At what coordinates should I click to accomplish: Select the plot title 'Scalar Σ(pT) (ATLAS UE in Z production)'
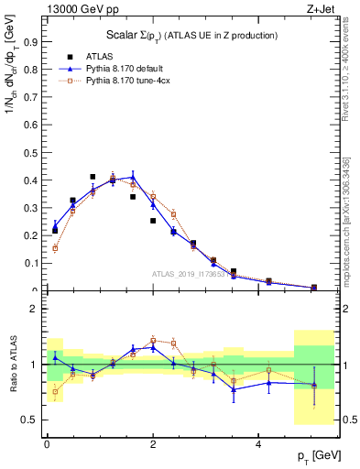tap(190, 35)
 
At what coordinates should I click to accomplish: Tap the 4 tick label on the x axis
tap(259, 443)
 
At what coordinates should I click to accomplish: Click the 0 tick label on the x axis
tap(47, 443)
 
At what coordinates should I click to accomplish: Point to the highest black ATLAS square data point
tap(93, 177)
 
